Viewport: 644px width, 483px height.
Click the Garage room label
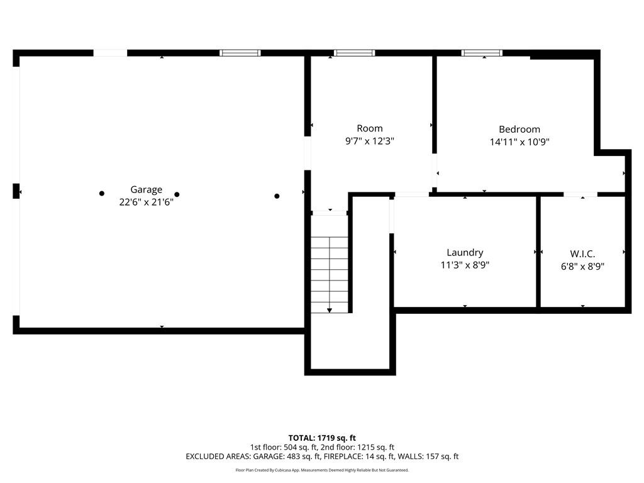pos(146,189)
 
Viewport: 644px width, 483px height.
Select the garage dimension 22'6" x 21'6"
pos(146,202)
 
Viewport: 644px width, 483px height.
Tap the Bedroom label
pos(519,130)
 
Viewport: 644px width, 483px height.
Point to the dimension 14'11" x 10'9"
pos(519,142)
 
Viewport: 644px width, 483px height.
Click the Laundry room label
pos(465,252)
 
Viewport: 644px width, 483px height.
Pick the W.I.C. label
pos(582,253)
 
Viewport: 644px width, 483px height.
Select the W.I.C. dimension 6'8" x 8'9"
pos(582,266)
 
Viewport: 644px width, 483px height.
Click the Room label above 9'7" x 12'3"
pos(369,128)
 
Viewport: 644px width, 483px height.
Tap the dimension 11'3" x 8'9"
pos(465,265)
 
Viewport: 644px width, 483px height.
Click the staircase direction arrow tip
pos(330,310)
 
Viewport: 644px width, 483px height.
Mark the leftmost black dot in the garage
pos(102,194)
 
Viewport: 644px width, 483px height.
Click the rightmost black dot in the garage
pos(277,196)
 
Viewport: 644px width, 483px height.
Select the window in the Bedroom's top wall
pos(482,53)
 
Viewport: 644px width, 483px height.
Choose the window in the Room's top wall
pos(354,53)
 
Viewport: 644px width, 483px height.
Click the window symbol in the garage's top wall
pos(240,53)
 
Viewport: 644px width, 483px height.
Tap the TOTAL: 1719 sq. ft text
pos(322,438)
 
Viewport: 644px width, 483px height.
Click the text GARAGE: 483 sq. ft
pos(285,457)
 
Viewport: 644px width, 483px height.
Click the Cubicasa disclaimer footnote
pos(322,470)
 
